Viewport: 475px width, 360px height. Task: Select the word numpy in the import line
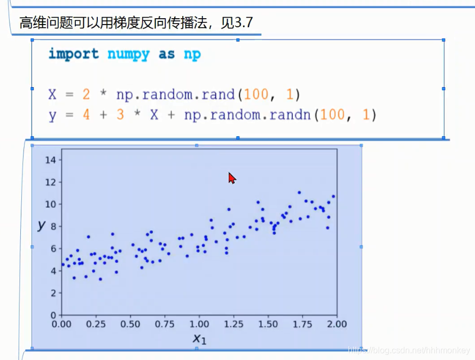tap(128, 54)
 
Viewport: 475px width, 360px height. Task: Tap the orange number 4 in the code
tap(87, 115)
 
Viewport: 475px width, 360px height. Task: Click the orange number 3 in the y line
tap(120, 115)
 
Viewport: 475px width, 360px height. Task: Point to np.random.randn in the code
tap(247, 115)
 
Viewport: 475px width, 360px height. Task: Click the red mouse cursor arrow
tap(231, 178)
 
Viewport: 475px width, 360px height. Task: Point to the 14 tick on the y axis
tap(51, 159)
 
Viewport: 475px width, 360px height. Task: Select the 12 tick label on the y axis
tap(51, 182)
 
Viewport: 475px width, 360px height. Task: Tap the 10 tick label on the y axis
tap(51, 204)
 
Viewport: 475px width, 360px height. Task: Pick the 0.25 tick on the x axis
tap(96, 324)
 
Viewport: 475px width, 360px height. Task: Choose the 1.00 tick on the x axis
tap(199, 324)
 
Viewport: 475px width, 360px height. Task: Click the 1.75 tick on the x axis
tap(302, 324)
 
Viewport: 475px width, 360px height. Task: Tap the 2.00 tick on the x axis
tap(337, 324)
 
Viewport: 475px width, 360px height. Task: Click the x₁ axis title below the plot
tap(199, 338)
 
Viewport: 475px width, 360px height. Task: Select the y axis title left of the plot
tap(42, 225)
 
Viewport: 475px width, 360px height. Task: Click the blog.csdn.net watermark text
tap(409, 350)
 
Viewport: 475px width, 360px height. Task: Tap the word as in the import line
tap(166, 54)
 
